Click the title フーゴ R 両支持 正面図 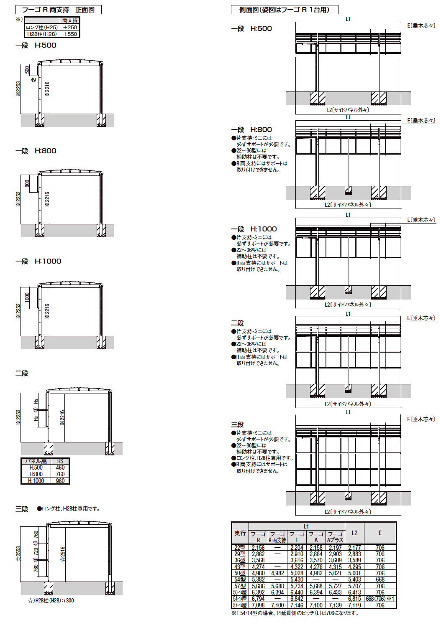click(58, 10)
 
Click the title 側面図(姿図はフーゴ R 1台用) click(285, 10)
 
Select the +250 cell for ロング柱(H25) click(70, 27)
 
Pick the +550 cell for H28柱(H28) click(70, 34)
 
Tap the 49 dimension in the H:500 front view click(33, 80)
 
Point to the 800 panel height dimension click(27, 184)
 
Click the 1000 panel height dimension click(27, 298)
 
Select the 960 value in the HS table click(60, 481)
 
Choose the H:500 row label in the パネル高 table click(36, 467)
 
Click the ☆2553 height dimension click(18, 554)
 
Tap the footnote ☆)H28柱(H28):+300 click(51, 600)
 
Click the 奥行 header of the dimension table click(240, 533)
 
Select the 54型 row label click(240, 579)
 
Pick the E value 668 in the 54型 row click(380, 579)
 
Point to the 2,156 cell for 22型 click(258, 548)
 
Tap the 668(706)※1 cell click(380, 599)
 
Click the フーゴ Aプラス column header click(335, 537)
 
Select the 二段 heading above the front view click(22, 373)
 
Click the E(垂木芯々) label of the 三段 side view click(421, 419)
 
